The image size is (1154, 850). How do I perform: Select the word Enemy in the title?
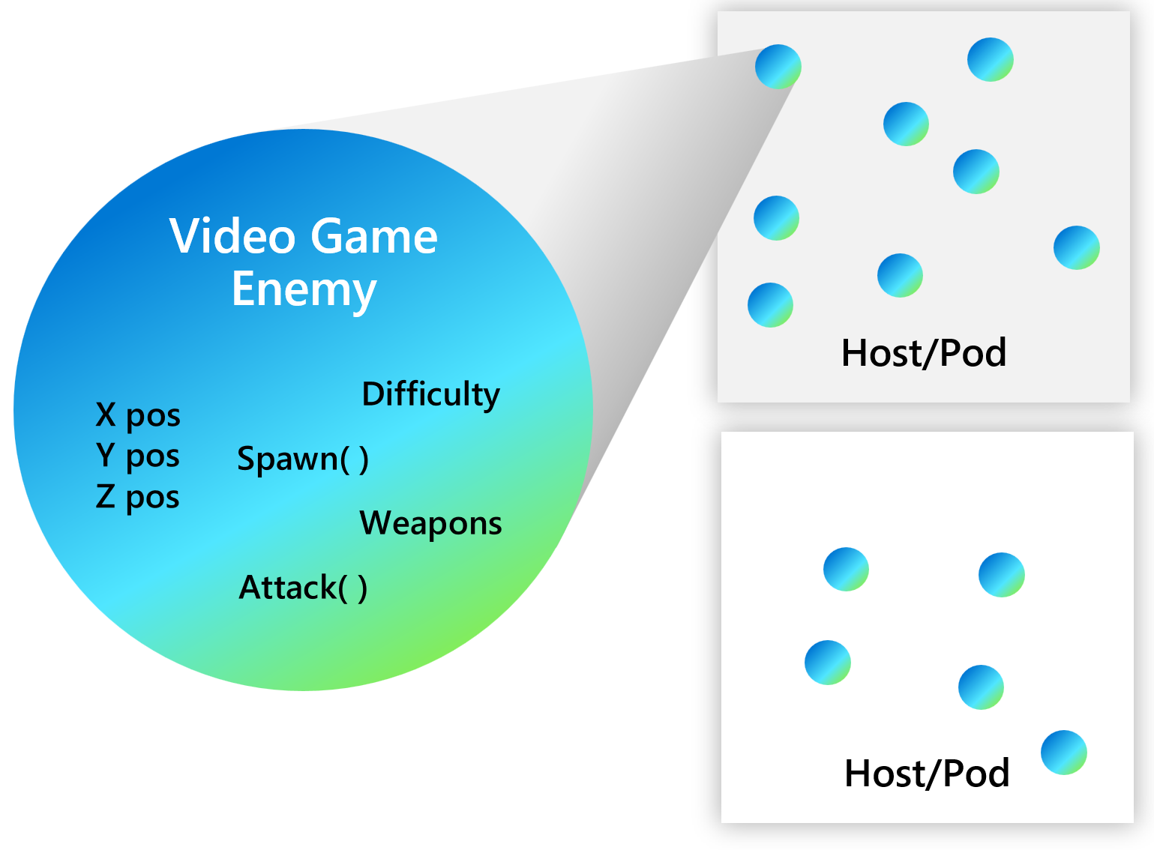tap(304, 289)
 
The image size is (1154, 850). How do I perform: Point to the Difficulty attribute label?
tap(430, 394)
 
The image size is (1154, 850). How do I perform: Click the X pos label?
tap(138, 415)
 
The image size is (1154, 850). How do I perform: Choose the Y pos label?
tap(138, 455)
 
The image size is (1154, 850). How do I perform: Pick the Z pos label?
tap(138, 496)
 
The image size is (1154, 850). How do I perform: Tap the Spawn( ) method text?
tap(303, 458)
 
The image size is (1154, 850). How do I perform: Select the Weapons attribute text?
tap(430, 523)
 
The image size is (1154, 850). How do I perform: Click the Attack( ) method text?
tap(303, 587)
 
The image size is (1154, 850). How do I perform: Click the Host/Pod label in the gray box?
tap(923, 352)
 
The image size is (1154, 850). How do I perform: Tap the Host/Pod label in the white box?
tap(927, 773)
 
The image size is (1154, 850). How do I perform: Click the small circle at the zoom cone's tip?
tap(778, 67)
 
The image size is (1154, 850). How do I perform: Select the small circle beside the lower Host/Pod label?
tap(1064, 752)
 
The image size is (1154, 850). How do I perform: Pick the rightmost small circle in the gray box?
tap(1077, 247)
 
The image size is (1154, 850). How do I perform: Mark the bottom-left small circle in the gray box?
tap(771, 305)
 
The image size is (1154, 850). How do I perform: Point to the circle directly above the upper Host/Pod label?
tap(901, 276)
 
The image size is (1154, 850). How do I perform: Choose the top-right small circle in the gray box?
tap(991, 60)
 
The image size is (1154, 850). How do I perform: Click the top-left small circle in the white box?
tap(847, 570)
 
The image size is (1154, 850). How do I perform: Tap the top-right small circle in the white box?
tap(1002, 575)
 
